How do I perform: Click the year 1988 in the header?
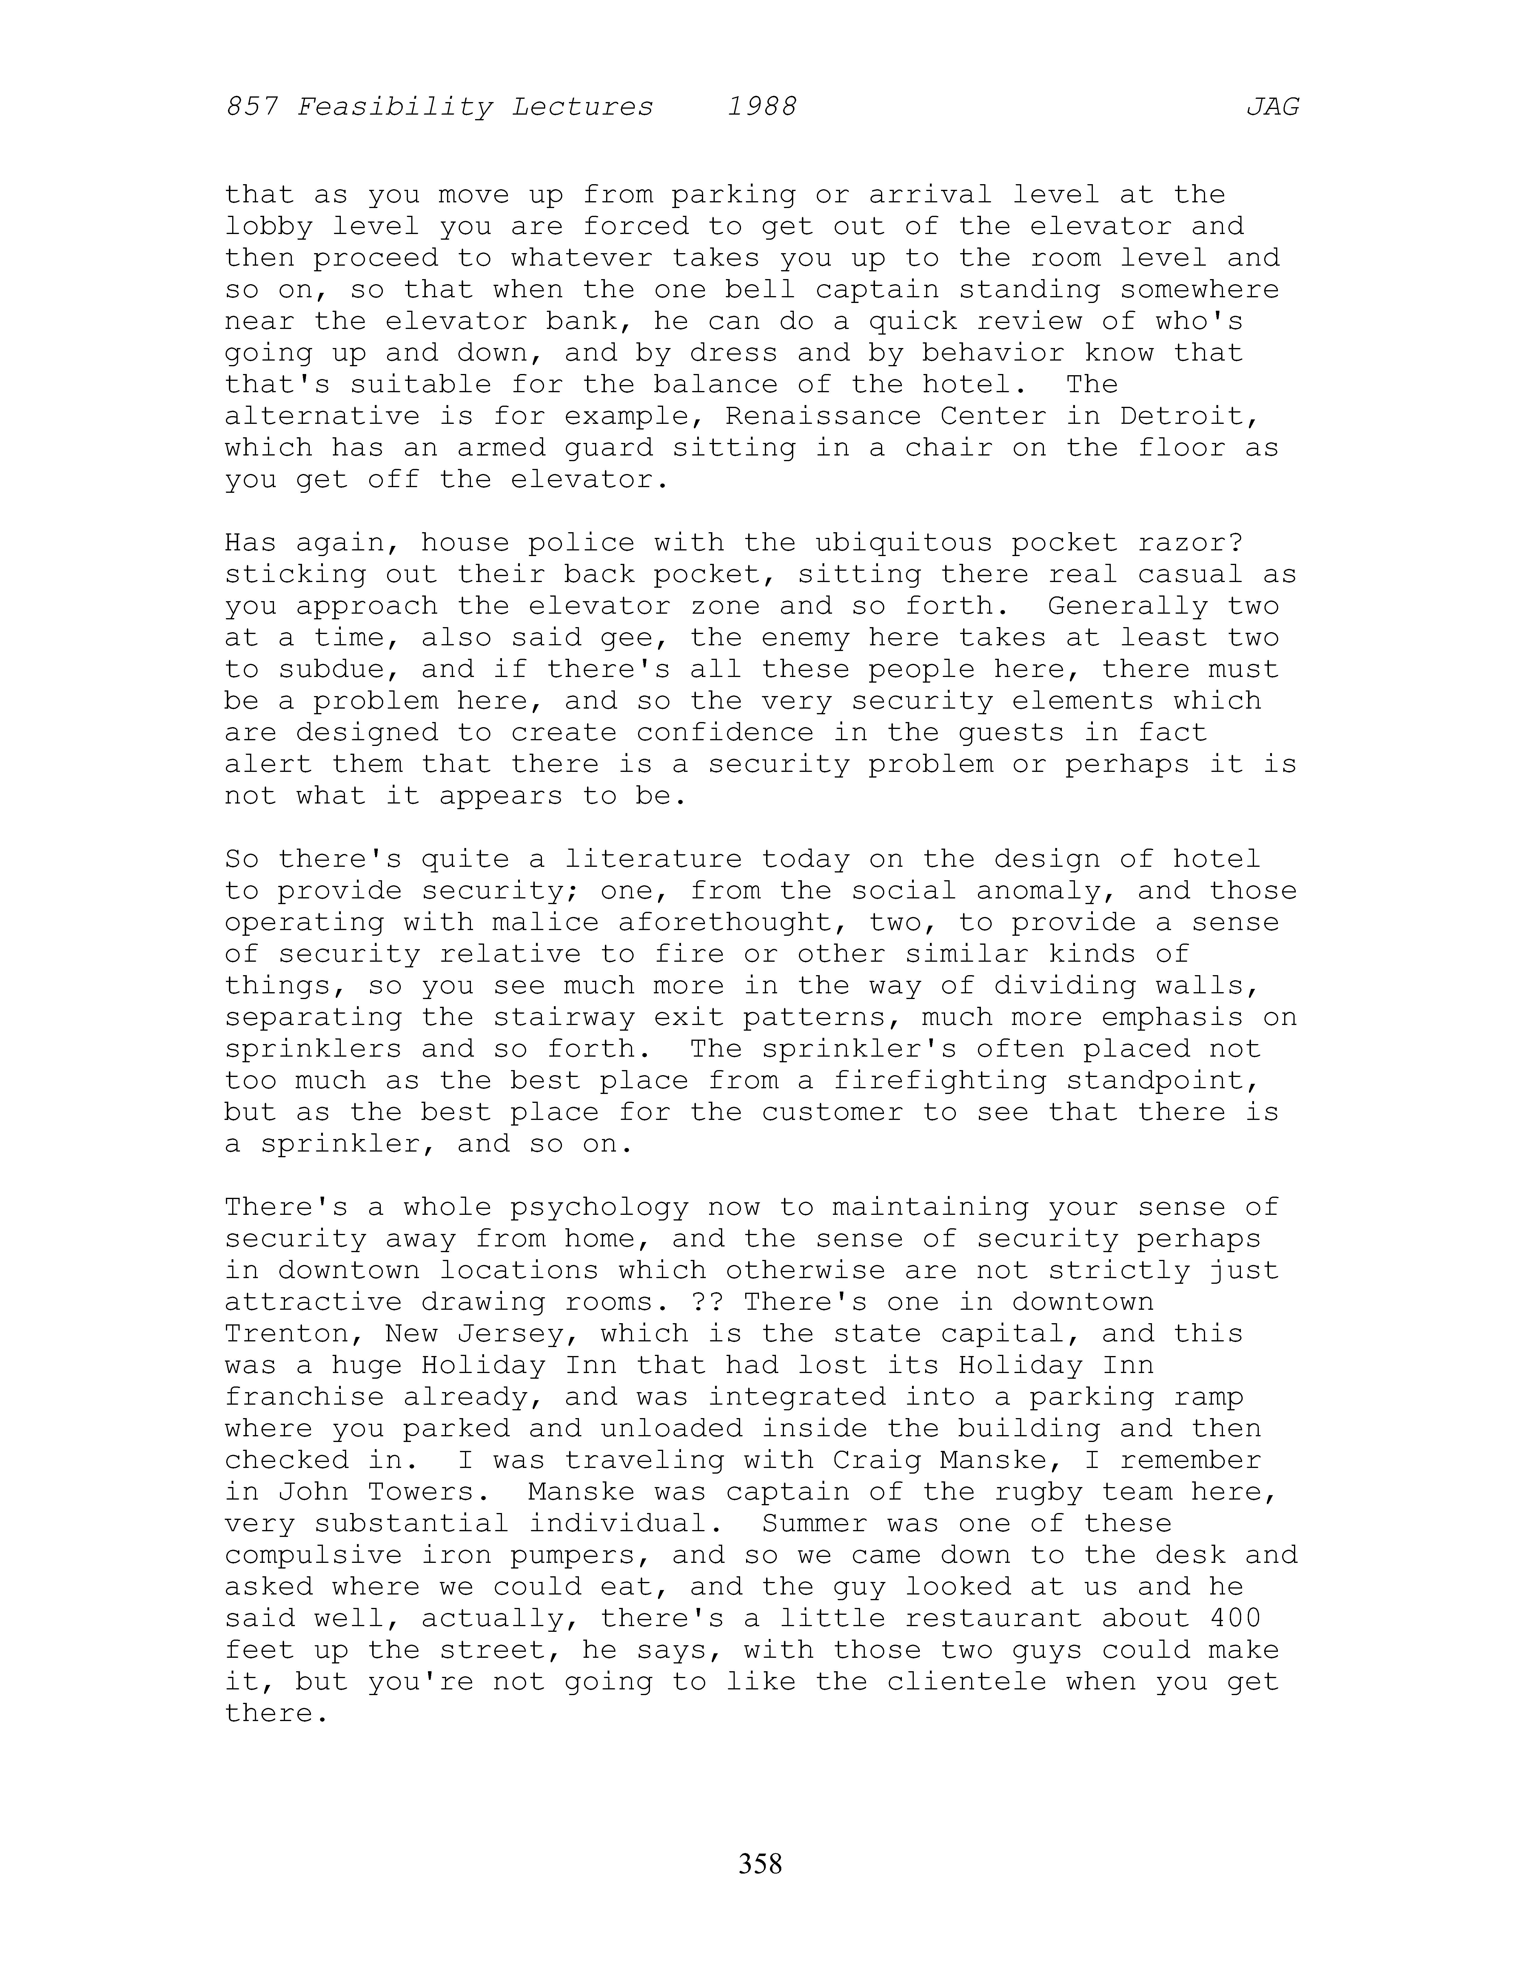[762, 107]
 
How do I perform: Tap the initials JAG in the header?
[1272, 107]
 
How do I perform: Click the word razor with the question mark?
[1190, 543]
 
